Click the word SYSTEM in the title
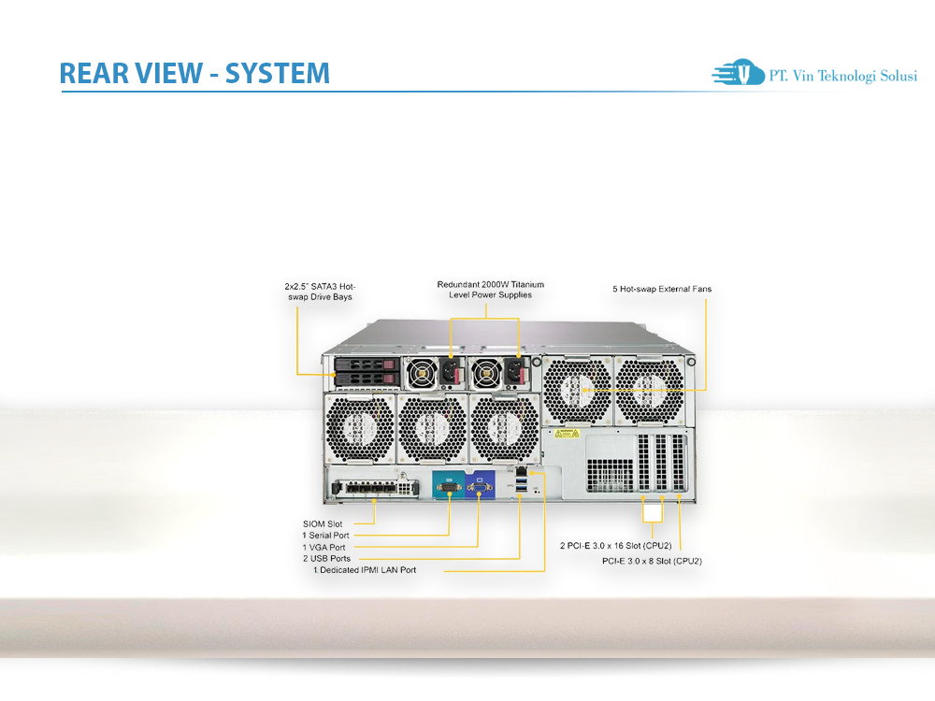coord(277,73)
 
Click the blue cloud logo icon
coord(739,72)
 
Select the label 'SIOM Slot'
coord(323,524)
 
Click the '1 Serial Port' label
coord(325,536)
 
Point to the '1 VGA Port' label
coord(324,547)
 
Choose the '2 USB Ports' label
coord(326,559)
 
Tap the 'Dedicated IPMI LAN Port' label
coord(367,570)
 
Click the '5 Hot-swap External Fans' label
coord(662,289)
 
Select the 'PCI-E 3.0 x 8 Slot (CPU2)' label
coord(652,561)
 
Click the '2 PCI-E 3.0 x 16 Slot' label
coord(615,546)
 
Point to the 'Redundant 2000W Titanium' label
coord(490,284)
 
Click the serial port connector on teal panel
coord(449,487)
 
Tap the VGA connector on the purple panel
coord(479,488)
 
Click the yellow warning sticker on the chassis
coord(567,433)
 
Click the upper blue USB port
coord(522,480)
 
